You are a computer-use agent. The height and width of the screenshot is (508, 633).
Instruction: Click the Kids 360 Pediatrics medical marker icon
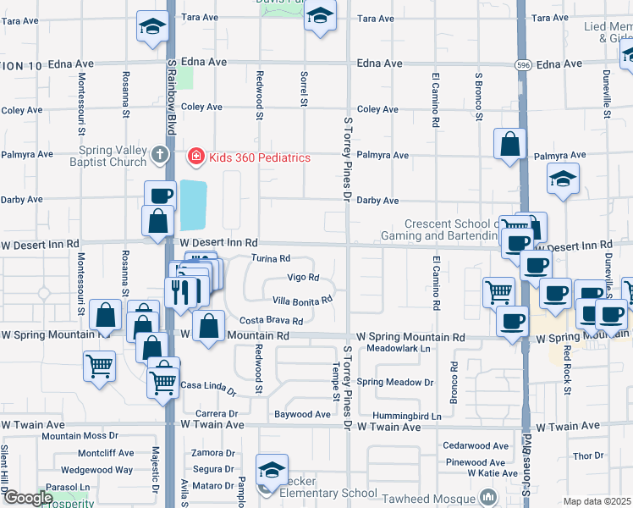point(195,157)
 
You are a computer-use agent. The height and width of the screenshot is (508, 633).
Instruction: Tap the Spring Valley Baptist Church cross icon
point(160,154)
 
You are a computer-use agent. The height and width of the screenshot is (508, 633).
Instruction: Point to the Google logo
point(27,498)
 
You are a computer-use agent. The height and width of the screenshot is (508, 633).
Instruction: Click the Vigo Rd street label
point(303,277)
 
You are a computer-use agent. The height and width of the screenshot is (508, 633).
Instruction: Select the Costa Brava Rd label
point(271,321)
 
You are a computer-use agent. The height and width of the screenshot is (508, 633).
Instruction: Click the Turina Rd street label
point(271,258)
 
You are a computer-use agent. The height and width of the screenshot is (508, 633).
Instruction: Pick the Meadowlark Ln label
point(399,348)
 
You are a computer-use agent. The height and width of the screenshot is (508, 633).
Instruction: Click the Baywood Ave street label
point(302,415)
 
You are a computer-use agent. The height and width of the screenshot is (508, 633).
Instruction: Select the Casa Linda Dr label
point(208,387)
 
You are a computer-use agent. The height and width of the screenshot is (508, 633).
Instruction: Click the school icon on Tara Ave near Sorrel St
point(320,16)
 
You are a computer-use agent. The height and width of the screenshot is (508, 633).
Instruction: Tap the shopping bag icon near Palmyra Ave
point(511,144)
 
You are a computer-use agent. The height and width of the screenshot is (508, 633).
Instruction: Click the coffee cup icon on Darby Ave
point(159,196)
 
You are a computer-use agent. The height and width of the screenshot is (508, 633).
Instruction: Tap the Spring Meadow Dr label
point(394,382)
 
